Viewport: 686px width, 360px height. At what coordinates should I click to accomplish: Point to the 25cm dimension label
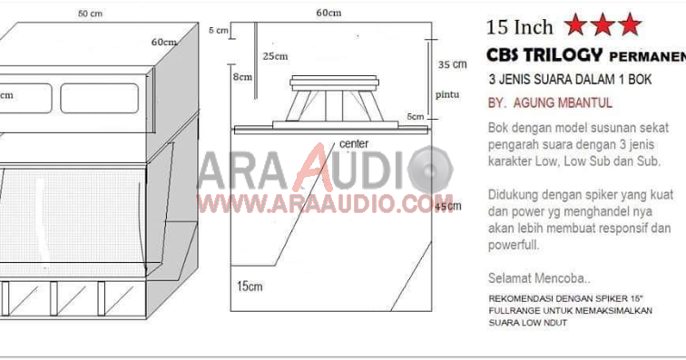tap(275, 56)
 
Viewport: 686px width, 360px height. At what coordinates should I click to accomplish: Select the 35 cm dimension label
tap(452, 64)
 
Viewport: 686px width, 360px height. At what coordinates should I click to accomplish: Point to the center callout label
tap(355, 143)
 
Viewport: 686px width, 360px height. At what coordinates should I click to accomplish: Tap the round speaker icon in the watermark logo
tap(429, 170)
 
